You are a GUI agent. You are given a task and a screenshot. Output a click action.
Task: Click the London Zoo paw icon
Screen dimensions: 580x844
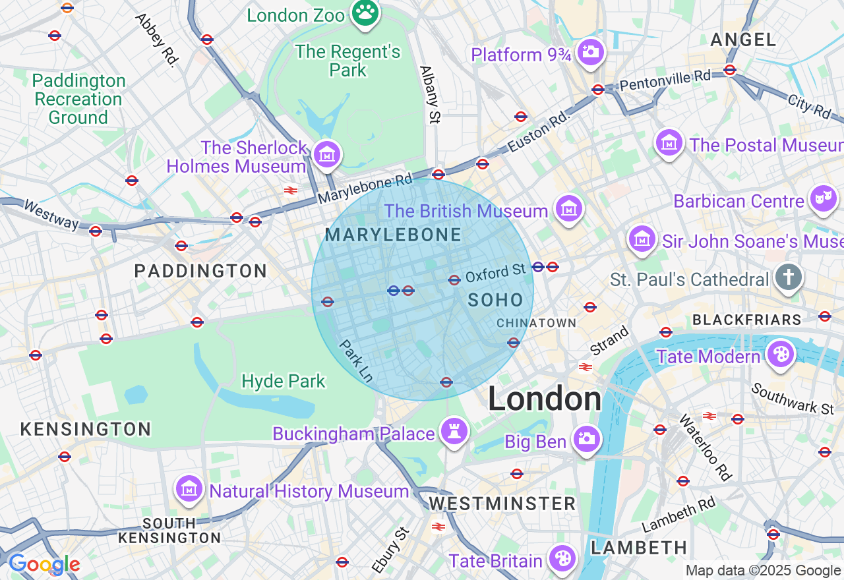point(365,12)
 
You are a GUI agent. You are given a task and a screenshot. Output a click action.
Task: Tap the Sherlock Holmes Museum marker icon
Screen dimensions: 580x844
point(327,154)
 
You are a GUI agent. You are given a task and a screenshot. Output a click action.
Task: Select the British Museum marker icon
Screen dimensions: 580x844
point(568,208)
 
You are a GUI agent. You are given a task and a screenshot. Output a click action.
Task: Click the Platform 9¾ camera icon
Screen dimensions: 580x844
point(590,51)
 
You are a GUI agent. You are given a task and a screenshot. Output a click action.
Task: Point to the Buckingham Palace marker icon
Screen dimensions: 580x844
point(454,431)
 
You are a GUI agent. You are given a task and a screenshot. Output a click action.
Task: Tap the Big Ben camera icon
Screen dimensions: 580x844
point(586,438)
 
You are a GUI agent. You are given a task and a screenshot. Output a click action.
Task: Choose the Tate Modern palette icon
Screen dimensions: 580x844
point(780,354)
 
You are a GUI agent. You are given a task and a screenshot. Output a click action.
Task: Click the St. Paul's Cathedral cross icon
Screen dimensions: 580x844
point(788,277)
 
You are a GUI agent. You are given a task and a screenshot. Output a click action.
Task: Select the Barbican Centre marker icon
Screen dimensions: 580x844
point(824,198)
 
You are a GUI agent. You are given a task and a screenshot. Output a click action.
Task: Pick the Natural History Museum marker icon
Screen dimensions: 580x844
point(189,488)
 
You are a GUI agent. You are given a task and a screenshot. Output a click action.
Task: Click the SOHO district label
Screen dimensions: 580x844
point(495,300)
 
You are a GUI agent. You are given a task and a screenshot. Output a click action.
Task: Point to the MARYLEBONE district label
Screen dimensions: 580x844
point(393,235)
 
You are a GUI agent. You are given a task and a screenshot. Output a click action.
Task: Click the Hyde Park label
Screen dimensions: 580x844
point(284,381)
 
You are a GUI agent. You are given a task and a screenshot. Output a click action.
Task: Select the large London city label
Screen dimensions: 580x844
point(545,399)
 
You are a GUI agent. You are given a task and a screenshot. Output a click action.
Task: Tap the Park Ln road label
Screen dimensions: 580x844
point(357,361)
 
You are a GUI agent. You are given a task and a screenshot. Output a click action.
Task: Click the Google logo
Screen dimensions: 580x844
point(44,565)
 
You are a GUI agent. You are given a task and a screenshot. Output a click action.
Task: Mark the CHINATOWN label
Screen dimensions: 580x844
point(536,323)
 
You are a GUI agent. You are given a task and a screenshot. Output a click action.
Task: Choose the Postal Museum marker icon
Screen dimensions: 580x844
point(669,142)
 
